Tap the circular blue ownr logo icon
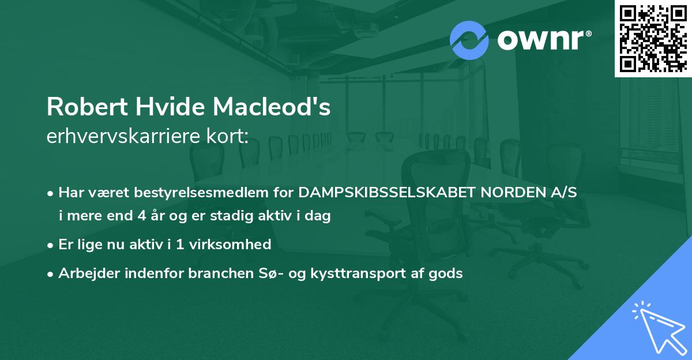pos(469,40)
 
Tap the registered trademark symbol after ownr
pos(588,34)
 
